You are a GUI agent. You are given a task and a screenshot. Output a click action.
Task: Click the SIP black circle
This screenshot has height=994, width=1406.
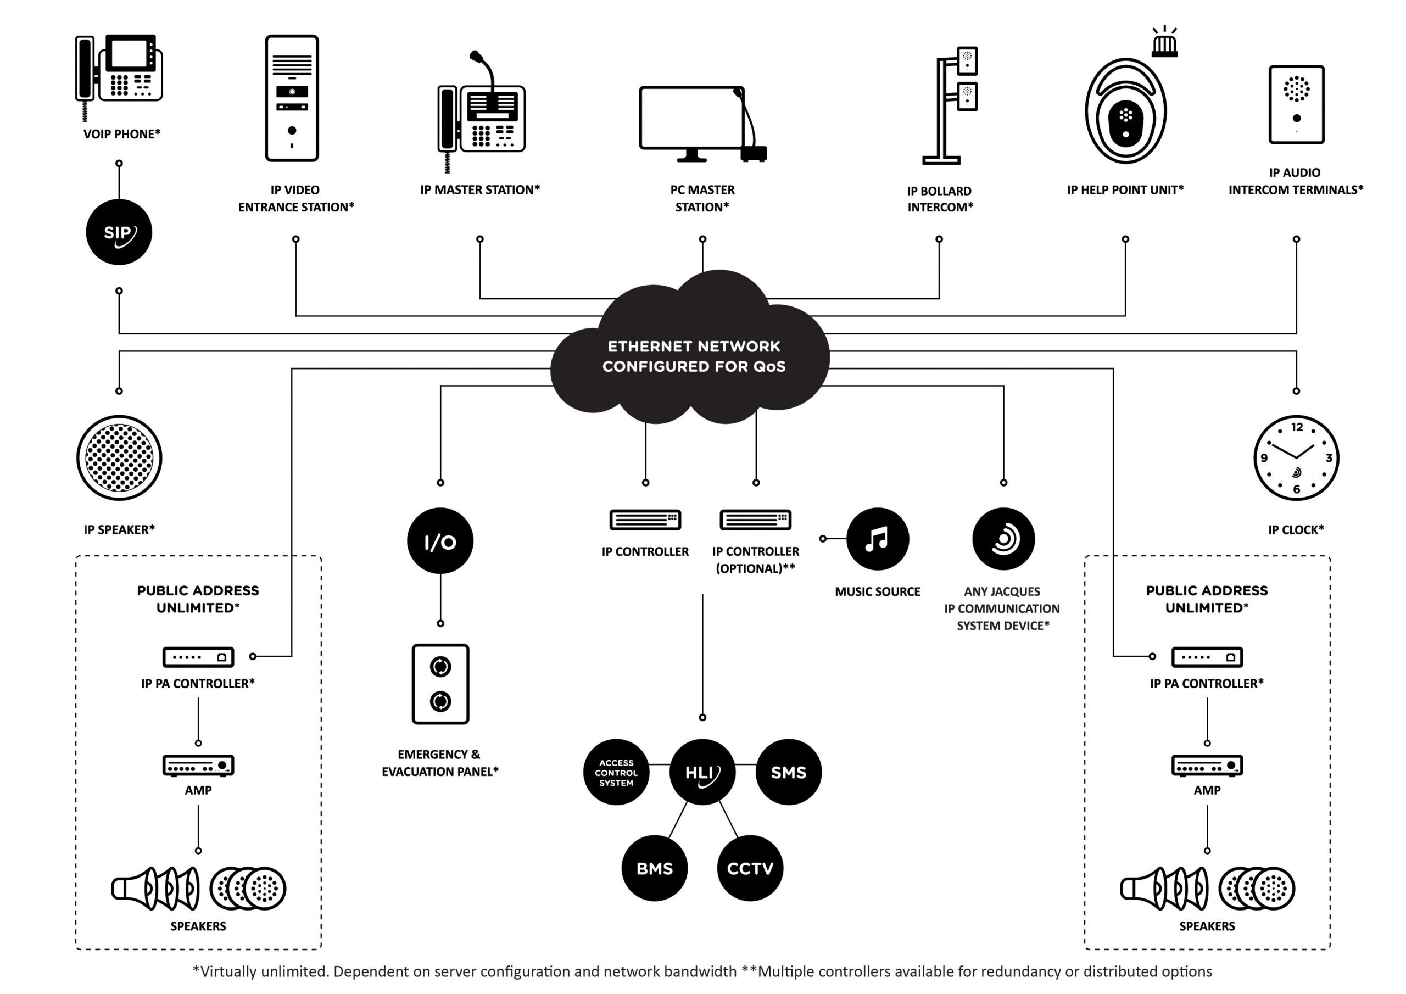point(119,232)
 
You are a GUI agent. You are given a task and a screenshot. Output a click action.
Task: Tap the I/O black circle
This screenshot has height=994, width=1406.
point(440,541)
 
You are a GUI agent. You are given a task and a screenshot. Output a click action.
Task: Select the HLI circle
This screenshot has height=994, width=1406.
point(702,772)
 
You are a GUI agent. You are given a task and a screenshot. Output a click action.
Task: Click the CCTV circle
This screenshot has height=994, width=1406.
point(750,868)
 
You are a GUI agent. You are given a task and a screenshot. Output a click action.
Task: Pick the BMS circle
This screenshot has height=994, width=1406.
point(654,868)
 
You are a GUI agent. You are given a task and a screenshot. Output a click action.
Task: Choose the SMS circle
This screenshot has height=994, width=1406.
point(788,772)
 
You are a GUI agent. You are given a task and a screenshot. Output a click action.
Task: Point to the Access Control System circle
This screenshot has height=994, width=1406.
point(616,772)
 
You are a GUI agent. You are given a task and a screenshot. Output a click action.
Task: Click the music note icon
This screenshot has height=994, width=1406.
point(877,538)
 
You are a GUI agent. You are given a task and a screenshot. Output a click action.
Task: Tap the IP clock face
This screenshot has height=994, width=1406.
point(1296,457)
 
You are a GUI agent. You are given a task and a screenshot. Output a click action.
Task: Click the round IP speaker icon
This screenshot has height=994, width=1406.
point(119,457)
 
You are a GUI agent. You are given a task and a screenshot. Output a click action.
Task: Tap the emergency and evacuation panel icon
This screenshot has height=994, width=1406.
point(440,684)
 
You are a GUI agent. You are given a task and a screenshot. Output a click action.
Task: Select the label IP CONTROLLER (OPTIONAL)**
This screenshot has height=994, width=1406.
point(755,559)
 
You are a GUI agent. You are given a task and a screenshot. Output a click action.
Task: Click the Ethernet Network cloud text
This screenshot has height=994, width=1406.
point(693,356)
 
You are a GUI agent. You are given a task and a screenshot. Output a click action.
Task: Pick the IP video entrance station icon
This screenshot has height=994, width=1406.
point(292,98)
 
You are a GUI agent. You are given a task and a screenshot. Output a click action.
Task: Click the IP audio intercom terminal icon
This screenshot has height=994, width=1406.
point(1296,104)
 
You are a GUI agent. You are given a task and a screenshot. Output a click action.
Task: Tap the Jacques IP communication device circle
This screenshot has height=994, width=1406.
point(1003,538)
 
